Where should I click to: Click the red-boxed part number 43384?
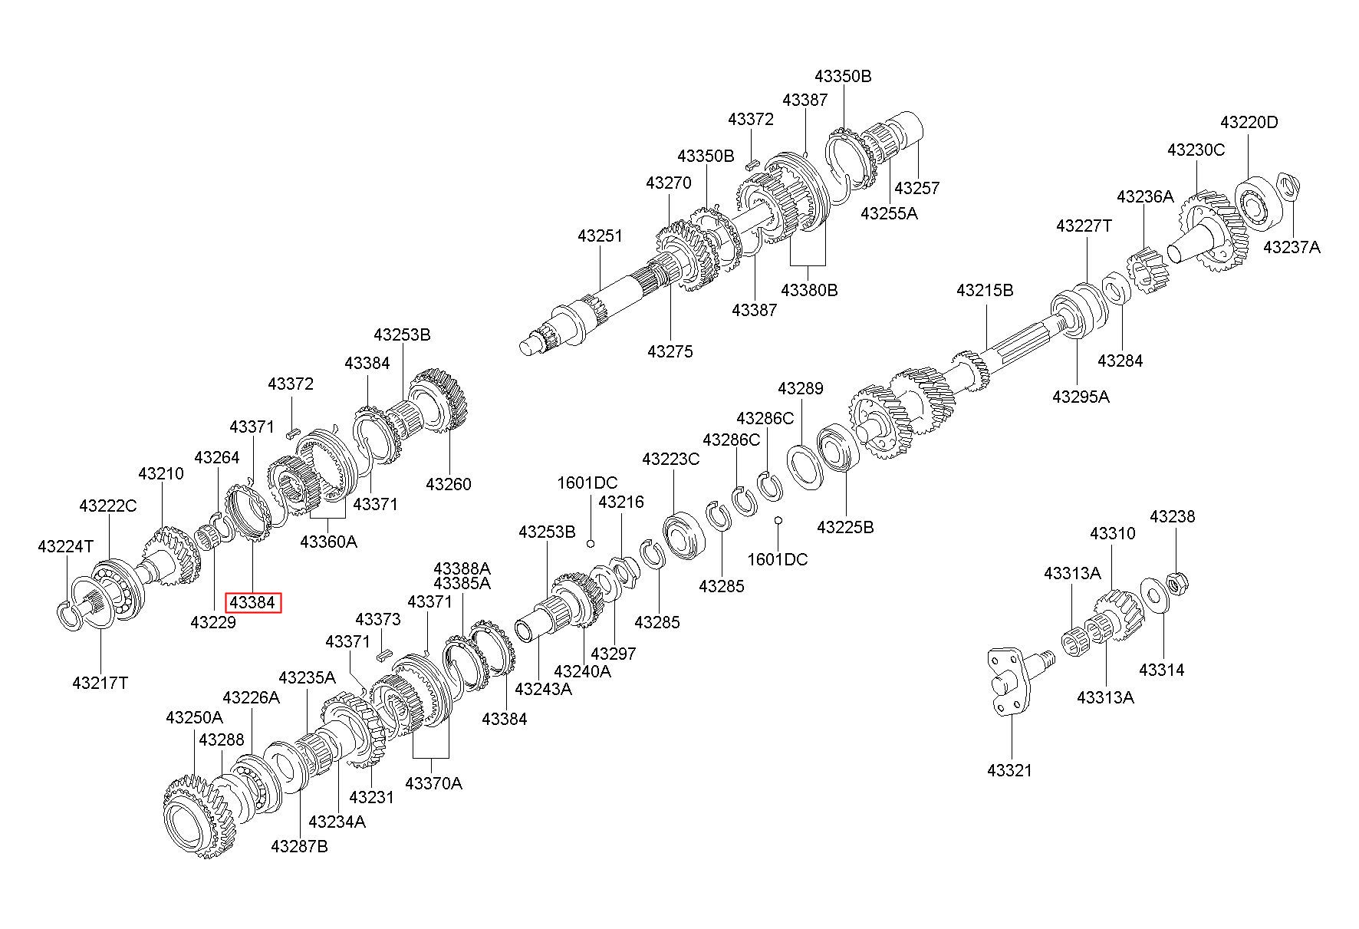click(252, 603)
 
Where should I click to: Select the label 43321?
click(1010, 770)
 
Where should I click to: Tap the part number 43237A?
click(1292, 247)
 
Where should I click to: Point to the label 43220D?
click(1249, 122)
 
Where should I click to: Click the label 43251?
click(601, 236)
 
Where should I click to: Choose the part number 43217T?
click(100, 682)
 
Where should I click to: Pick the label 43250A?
click(195, 717)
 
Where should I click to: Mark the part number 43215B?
click(985, 291)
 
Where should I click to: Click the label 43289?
click(801, 388)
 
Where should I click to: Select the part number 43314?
click(1162, 670)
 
